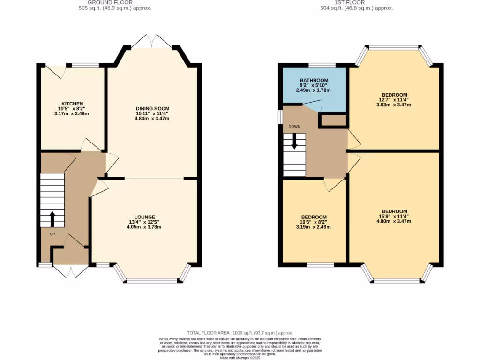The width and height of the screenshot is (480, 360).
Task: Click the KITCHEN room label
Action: tap(72, 104)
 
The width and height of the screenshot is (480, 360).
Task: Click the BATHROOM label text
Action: tap(314, 81)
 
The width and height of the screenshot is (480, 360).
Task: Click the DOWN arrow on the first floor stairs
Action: tap(294, 141)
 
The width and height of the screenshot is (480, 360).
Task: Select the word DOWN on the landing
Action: tap(294, 127)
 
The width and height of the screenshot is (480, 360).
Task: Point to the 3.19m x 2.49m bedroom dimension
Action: tap(314, 227)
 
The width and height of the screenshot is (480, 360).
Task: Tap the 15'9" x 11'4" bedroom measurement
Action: tap(394, 217)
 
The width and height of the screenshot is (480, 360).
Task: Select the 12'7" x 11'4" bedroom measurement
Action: tap(394, 100)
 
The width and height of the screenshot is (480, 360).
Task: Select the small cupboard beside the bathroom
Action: tap(332, 120)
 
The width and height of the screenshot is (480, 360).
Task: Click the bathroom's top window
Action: tap(322, 65)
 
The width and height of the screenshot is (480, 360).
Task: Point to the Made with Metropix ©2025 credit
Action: tap(240, 358)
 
